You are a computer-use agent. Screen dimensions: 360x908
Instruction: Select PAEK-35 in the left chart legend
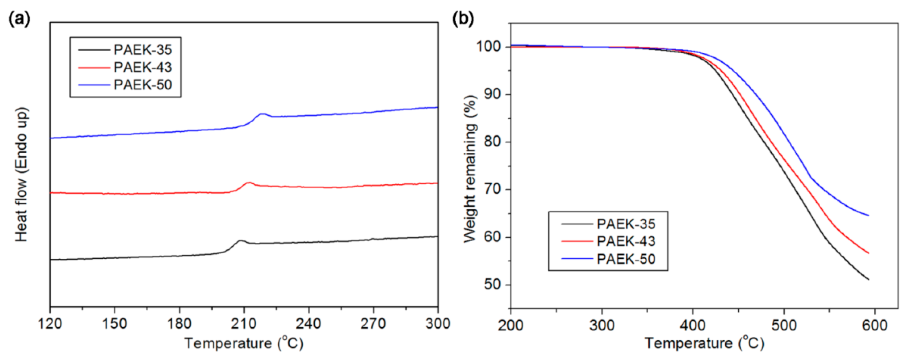click(x=142, y=50)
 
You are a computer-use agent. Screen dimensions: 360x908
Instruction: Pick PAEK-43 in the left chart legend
click(x=142, y=67)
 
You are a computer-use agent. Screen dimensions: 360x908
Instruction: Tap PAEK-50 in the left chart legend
click(x=142, y=85)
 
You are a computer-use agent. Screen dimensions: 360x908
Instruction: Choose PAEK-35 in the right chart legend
click(x=626, y=224)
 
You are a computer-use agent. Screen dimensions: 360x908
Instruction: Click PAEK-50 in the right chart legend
click(x=626, y=259)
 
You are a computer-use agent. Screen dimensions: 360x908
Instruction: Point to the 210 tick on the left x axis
click(x=244, y=323)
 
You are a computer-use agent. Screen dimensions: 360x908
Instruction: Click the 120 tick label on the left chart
click(x=50, y=323)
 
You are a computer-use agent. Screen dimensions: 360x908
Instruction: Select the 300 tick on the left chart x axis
click(x=437, y=323)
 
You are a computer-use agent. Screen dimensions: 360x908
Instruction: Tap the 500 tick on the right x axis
click(x=784, y=325)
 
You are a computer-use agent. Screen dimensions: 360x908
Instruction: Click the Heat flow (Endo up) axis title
click(x=21, y=175)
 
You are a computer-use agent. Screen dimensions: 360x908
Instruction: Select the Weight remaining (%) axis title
click(x=470, y=169)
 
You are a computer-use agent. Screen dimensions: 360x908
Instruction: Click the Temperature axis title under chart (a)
click(x=244, y=343)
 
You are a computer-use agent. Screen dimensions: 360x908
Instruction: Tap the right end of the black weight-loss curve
click(x=868, y=280)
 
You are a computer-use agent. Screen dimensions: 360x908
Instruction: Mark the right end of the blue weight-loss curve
click(x=868, y=215)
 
